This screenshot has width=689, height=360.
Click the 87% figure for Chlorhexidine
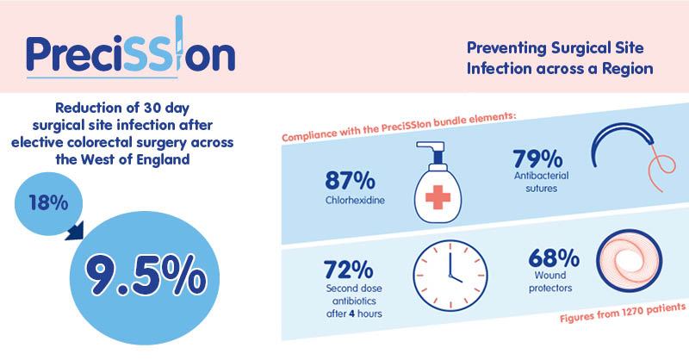[x=350, y=180]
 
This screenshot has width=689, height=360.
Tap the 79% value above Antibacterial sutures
[x=537, y=158]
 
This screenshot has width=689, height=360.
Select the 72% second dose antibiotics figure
[x=348, y=270]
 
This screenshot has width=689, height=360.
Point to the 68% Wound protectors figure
[x=553, y=258]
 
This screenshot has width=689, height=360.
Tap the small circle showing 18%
[x=48, y=203]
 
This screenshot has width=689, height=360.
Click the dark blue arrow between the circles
[x=75, y=231]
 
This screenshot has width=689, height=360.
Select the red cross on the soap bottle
[x=438, y=197]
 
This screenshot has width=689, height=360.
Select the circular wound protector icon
[x=630, y=261]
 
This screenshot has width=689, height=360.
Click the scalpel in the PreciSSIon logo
[x=179, y=43]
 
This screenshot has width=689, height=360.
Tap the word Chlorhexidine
[x=355, y=201]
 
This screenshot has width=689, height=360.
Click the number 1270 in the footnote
[x=635, y=311]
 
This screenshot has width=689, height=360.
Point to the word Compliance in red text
[x=307, y=134]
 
